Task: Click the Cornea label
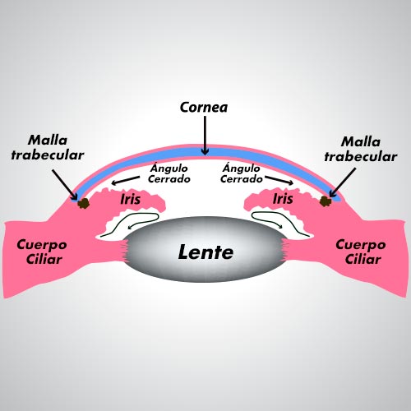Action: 204,107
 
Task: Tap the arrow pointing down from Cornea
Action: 205,135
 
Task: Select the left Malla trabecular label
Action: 48,147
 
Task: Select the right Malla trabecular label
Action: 361,149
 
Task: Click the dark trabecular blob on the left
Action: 84,203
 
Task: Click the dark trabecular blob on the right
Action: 326,201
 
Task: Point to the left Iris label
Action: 131,199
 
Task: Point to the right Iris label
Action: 283,199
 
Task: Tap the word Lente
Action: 205,252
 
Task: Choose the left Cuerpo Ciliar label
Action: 42,252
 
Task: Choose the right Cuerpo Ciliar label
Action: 361,252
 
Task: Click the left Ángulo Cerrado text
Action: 169,173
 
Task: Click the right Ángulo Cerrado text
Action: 242,173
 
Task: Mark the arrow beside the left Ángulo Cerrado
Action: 125,180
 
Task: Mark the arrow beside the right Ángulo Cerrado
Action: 279,180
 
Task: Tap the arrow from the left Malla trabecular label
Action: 65,185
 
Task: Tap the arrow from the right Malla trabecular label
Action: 343,182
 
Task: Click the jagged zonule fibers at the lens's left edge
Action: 125,250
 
